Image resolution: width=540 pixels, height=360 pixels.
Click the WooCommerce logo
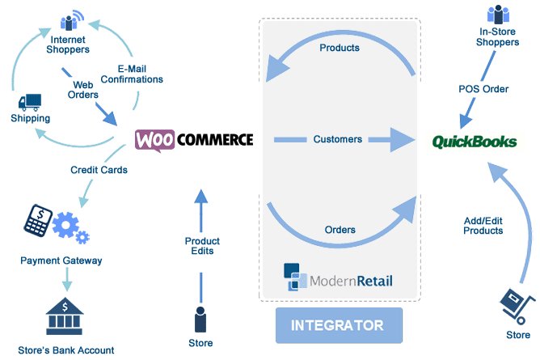(194, 140)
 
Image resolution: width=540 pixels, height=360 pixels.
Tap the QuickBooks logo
(475, 142)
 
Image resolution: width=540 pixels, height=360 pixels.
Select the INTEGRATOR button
(339, 325)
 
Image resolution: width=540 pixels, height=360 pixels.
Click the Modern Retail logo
(338, 277)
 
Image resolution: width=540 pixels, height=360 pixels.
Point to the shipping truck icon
(30, 102)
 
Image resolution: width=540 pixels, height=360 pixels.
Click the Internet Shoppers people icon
(72, 21)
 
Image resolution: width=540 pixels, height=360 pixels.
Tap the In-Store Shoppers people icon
(498, 15)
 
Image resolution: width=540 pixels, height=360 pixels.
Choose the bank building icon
(65, 316)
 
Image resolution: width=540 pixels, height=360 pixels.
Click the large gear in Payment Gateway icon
(65, 225)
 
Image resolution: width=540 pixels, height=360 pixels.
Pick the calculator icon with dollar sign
(38, 220)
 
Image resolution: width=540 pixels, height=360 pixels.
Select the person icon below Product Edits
(200, 320)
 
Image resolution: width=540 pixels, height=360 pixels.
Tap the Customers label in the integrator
(338, 139)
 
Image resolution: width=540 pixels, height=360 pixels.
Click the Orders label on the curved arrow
(340, 230)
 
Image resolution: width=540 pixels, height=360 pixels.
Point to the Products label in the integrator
(340, 48)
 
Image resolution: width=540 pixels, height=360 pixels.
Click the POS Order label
(483, 89)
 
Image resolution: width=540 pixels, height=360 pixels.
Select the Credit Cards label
(99, 170)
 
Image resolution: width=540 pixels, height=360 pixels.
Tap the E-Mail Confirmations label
(132, 74)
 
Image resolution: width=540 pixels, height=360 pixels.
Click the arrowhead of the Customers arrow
(403, 139)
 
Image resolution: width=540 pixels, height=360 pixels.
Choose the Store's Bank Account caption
(66, 350)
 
